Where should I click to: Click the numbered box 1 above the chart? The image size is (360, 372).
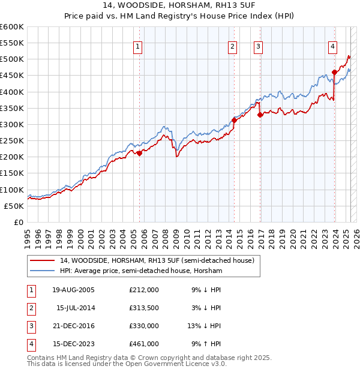click(138, 46)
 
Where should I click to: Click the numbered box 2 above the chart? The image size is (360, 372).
click(232, 46)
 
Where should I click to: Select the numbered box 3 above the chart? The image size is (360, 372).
click(258, 46)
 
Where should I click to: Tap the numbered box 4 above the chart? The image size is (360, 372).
click(332, 46)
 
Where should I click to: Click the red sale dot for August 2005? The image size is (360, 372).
click(139, 153)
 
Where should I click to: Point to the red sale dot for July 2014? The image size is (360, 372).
click(234, 120)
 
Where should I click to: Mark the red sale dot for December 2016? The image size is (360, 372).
click(260, 115)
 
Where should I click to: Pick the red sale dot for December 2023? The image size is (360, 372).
click(334, 72)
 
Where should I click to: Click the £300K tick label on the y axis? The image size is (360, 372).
click(12, 124)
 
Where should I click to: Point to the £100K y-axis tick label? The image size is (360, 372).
click(12, 190)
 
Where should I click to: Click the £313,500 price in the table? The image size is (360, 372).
click(143, 308)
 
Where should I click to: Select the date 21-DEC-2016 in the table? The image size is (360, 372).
click(73, 326)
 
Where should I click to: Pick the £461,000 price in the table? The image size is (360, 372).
click(143, 344)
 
